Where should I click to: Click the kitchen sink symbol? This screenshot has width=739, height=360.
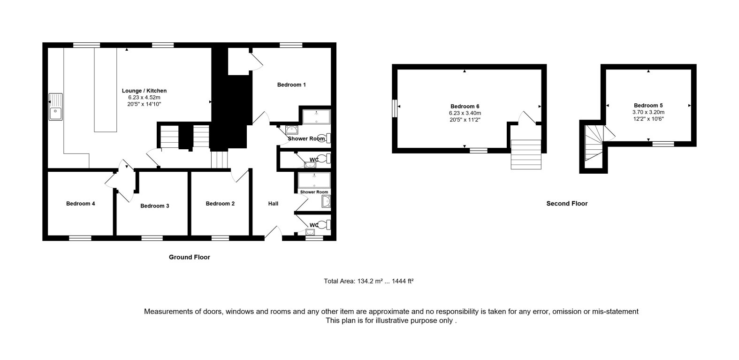point(56,107)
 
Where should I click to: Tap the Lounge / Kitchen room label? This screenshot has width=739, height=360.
point(144,91)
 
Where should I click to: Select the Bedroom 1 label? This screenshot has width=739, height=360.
point(291,84)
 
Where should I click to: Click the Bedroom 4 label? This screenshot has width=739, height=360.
point(80,204)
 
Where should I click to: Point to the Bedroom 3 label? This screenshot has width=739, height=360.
point(154,206)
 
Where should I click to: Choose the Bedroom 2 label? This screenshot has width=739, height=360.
point(220,204)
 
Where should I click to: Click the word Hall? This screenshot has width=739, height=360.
point(273,204)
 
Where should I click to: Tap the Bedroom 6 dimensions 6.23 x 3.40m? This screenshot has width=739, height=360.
point(465,113)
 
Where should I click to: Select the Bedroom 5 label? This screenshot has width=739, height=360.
point(648,106)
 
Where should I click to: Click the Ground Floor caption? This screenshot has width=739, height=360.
point(189,257)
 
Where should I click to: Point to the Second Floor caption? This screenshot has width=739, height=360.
point(567,204)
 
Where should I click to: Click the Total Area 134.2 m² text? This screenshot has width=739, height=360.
point(368,282)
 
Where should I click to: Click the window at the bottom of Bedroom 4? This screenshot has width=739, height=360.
point(80,238)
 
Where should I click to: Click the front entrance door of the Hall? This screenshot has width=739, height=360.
point(274,232)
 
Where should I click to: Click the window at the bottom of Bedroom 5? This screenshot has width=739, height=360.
point(663,143)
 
